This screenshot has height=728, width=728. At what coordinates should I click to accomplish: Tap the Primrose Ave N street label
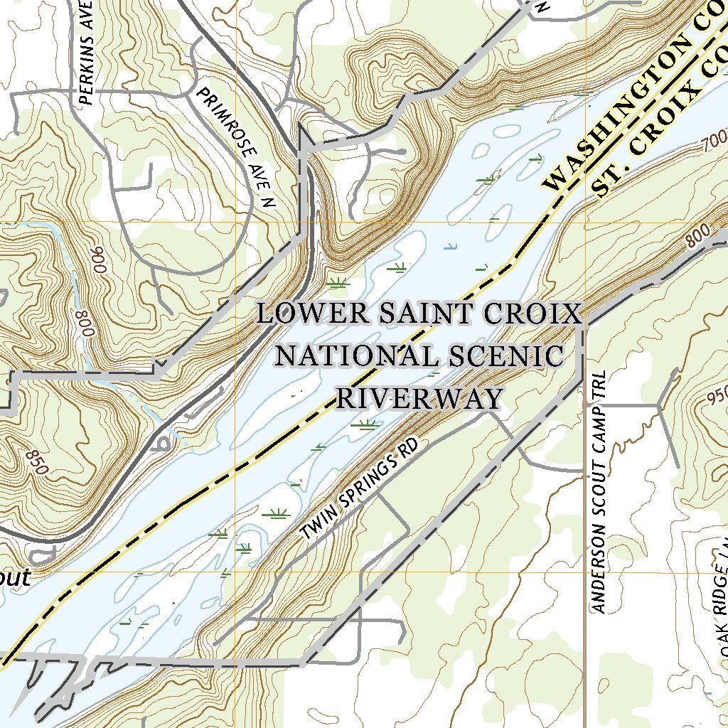237,147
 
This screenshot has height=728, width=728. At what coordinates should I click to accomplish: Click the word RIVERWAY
419,397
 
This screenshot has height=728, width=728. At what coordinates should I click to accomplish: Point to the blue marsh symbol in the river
449,247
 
